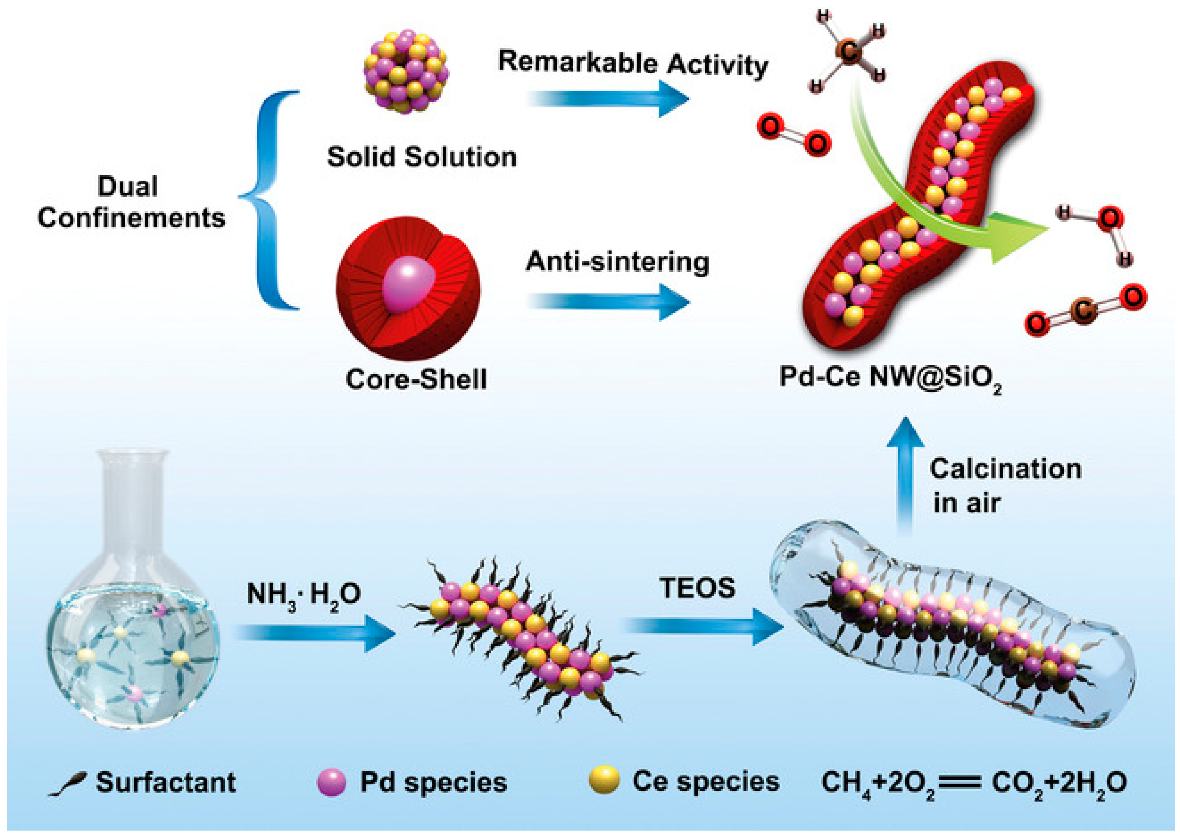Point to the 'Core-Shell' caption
pyautogui.click(x=416, y=379)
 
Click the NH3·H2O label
pyautogui.click(x=303, y=595)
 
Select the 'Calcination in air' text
pyautogui.click(x=1004, y=485)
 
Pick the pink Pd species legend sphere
pyautogui.click(x=331, y=782)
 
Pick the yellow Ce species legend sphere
pyautogui.click(x=604, y=780)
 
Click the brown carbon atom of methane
pyautogui.click(x=850, y=52)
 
